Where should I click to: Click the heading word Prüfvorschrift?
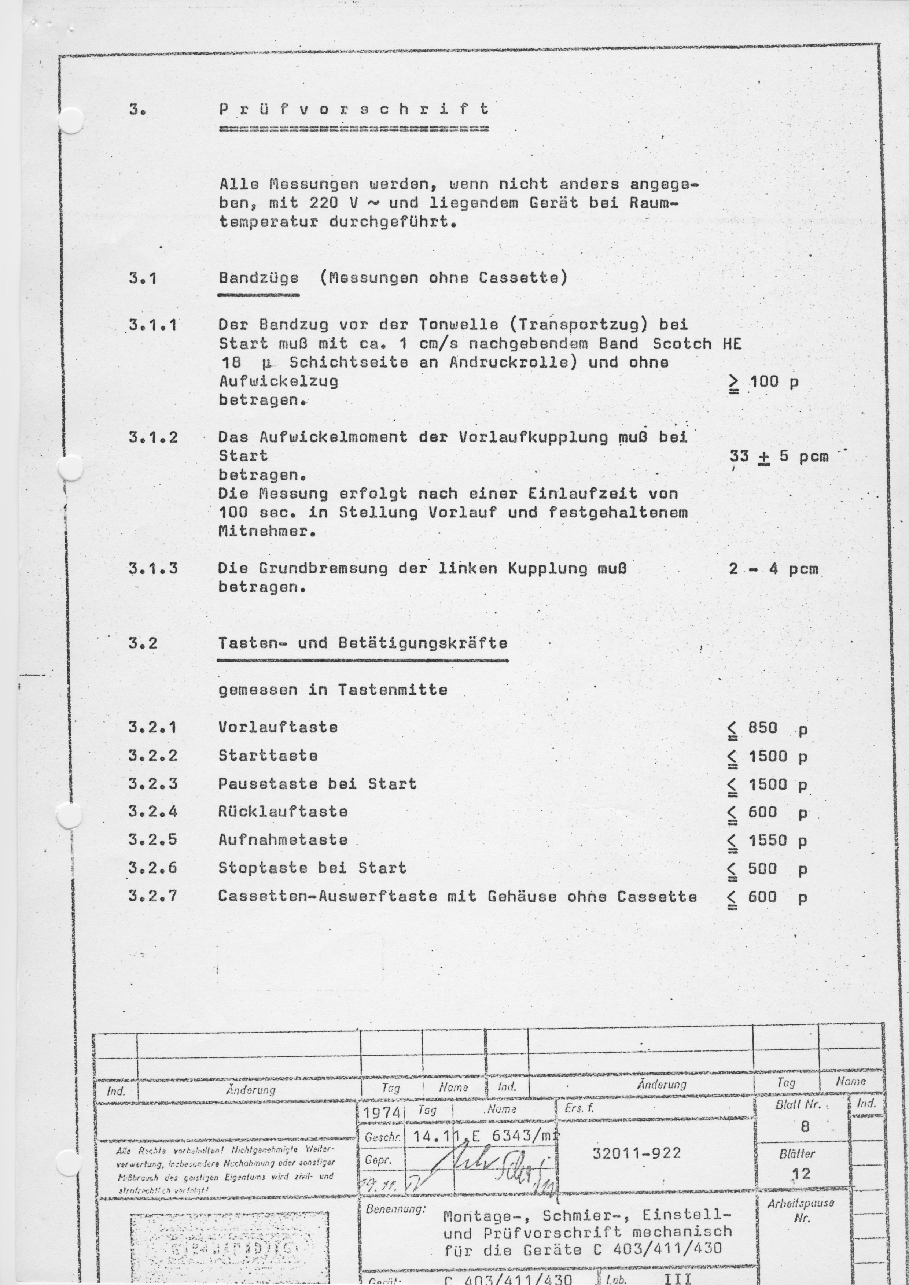click(354, 109)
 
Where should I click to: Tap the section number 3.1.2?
click(153, 437)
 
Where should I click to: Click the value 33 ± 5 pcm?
click(779, 457)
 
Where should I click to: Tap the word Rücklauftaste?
click(283, 812)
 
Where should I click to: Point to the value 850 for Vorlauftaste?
click(763, 728)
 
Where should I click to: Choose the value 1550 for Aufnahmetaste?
click(768, 841)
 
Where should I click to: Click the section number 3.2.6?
click(153, 868)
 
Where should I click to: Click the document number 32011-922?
click(636, 1153)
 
